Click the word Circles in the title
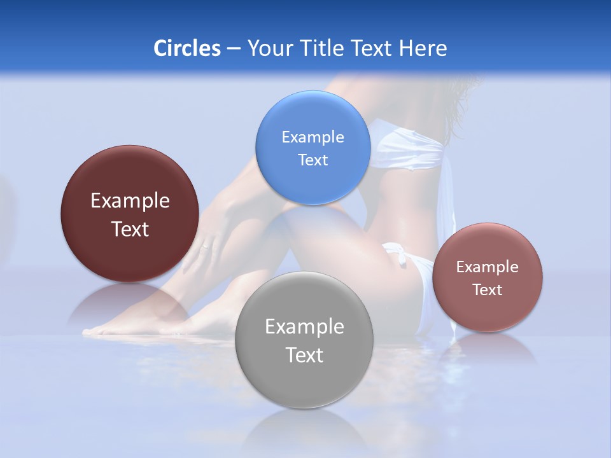coord(187,48)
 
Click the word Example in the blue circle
coord(313,137)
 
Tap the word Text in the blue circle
coord(313,160)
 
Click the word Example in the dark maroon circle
coord(130,200)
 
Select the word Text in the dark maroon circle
coord(130,229)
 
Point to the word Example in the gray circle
coord(304,326)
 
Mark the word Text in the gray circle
coord(304,355)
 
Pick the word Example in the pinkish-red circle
coord(488,267)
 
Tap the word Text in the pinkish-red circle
coord(488,289)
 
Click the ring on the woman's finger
coord(205,246)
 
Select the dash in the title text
coord(234,49)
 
